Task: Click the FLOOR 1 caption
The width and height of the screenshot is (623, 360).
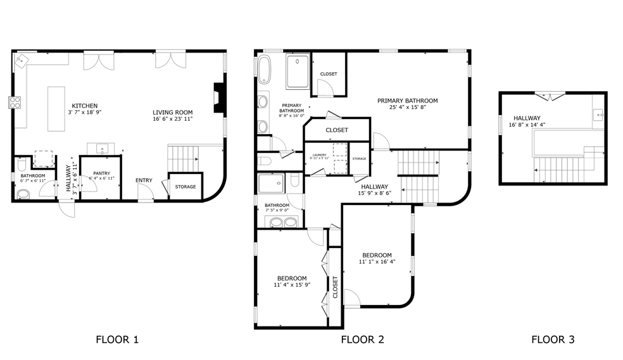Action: click(x=117, y=340)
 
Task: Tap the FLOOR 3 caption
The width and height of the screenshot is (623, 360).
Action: click(x=553, y=340)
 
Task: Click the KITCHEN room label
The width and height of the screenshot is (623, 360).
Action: click(x=84, y=106)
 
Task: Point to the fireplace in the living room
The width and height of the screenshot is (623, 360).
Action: click(x=218, y=97)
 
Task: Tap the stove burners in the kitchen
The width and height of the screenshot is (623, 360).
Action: click(x=15, y=101)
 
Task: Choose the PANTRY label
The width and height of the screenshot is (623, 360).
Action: click(x=101, y=173)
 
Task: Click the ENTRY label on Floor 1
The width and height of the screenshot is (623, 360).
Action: click(x=144, y=180)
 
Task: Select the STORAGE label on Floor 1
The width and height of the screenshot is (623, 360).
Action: click(x=186, y=187)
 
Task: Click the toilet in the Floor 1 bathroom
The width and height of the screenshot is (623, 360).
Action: click(x=23, y=195)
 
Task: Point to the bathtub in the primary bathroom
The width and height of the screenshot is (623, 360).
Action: click(x=264, y=70)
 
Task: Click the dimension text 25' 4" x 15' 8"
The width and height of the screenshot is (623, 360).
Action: click(x=408, y=108)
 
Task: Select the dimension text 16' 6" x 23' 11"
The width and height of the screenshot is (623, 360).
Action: click(x=172, y=118)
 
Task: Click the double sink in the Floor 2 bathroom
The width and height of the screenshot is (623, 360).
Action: click(x=282, y=221)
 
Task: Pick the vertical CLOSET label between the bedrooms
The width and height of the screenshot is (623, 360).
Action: click(x=335, y=287)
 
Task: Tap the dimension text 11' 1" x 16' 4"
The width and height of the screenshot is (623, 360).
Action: click(x=377, y=261)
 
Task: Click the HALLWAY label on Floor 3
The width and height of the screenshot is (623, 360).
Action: click(x=527, y=118)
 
